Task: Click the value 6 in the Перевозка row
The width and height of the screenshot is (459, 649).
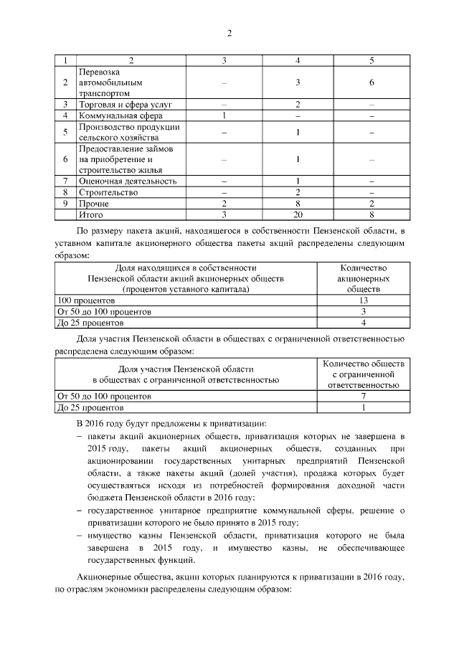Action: (372, 82)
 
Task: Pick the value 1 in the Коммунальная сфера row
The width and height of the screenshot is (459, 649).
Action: (224, 115)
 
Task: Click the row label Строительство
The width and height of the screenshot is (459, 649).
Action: (108, 192)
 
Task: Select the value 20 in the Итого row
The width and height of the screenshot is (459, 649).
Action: (297, 214)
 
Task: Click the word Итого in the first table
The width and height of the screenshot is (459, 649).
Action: (91, 214)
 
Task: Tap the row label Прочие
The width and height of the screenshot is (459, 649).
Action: (94, 204)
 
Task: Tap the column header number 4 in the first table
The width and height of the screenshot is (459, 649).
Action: (297, 60)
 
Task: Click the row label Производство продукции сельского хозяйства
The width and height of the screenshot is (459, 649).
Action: (129, 132)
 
